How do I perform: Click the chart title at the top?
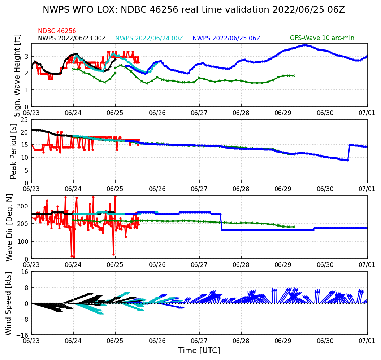point(194,10)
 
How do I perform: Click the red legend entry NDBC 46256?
point(57,31)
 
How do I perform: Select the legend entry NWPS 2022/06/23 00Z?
point(72,38)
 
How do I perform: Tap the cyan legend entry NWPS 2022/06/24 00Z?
point(149,38)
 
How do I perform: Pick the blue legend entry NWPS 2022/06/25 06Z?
point(226,38)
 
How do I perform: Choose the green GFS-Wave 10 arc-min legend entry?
point(322,38)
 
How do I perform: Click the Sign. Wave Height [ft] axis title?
point(17,75)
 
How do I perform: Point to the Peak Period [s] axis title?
point(14,151)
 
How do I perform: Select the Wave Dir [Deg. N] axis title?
point(9,227)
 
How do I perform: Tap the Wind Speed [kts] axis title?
point(9,303)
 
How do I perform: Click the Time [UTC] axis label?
point(199,351)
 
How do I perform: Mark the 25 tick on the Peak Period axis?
point(25,120)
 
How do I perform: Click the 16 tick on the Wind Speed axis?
point(25,272)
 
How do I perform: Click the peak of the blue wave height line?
point(306,45)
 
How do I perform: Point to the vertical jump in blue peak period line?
point(348,153)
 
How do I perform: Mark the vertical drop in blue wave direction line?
point(221,222)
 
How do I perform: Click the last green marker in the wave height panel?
point(294,76)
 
